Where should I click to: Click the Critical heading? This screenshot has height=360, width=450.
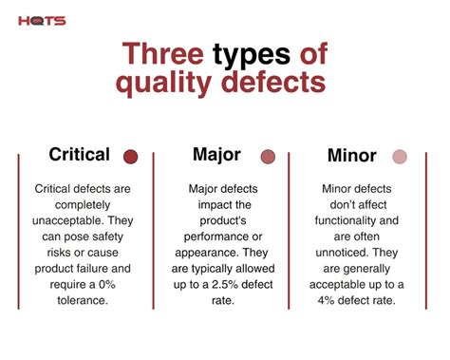pos(80,154)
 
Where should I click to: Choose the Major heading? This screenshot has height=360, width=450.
pos(216,154)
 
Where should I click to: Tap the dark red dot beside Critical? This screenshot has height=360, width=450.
pos(131,157)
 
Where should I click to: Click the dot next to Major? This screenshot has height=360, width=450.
pos(268,157)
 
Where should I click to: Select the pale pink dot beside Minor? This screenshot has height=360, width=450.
pos(401,157)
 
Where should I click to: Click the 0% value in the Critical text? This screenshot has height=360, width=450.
pos(112,285)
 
